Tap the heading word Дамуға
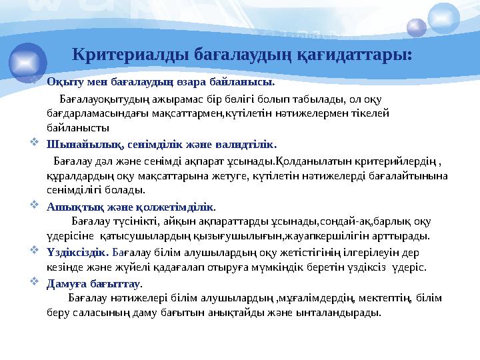click(x=66, y=282)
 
